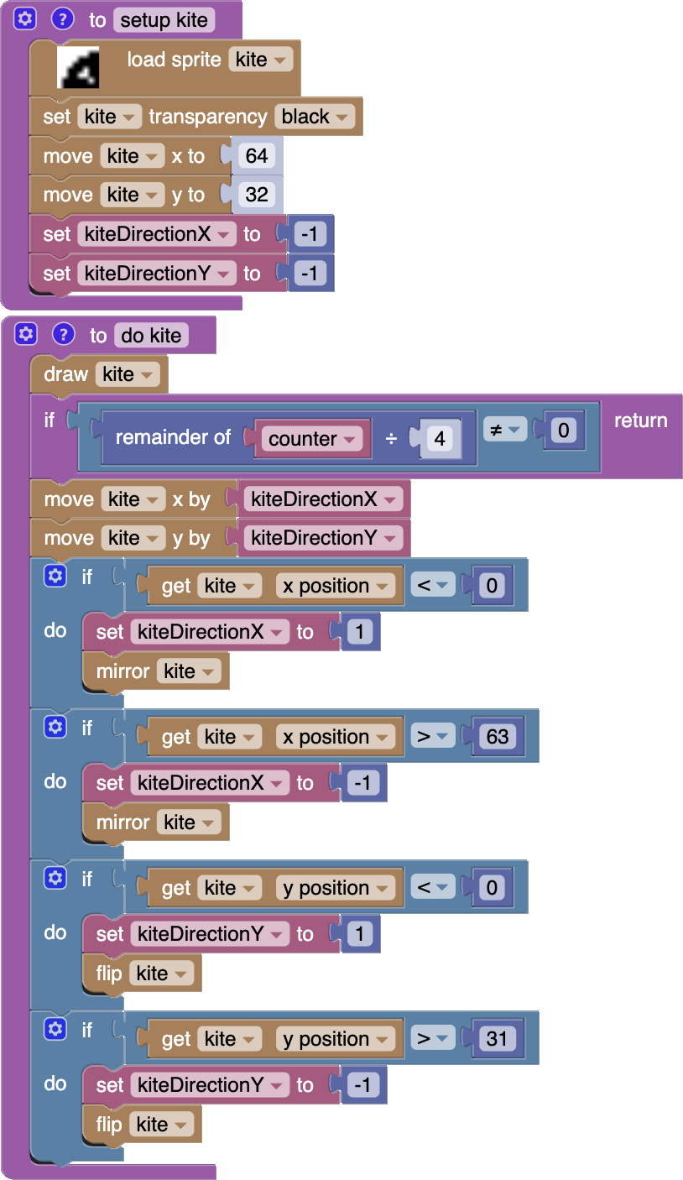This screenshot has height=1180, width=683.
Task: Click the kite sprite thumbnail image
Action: pyautogui.click(x=78, y=68)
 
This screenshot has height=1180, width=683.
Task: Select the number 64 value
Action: pyautogui.click(x=257, y=156)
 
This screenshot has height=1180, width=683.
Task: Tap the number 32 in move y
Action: pyautogui.click(x=257, y=195)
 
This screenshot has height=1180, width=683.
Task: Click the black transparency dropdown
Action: pyautogui.click(x=315, y=117)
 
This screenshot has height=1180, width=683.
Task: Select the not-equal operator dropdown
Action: pyautogui.click(x=503, y=431)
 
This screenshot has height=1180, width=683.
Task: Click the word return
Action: pyautogui.click(x=640, y=420)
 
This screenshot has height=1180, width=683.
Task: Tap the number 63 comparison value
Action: pyautogui.click(x=498, y=737)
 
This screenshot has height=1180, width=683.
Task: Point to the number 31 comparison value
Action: pyautogui.click(x=498, y=1039)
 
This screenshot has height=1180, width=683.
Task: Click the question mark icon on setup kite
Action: pyautogui.click(x=62, y=18)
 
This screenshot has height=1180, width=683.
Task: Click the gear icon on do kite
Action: pyautogui.click(x=26, y=334)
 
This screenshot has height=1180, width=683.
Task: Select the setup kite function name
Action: pyautogui.click(x=164, y=19)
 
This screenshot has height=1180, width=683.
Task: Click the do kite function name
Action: pyautogui.click(x=151, y=336)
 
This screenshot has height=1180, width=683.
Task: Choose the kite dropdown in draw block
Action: pyautogui.click(x=127, y=374)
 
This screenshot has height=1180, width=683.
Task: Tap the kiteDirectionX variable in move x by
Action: pyautogui.click(x=322, y=499)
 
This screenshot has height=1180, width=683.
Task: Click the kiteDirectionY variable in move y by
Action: pyautogui.click(x=322, y=538)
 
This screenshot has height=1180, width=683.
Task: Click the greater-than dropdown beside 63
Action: pyautogui.click(x=433, y=737)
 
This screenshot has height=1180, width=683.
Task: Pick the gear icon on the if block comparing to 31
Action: pyautogui.click(x=55, y=1029)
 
